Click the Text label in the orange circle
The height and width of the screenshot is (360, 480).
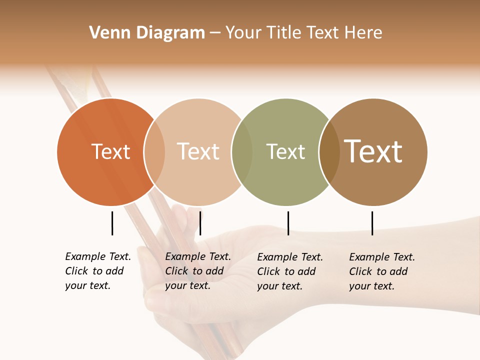(111, 151)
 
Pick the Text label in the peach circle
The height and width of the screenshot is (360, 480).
(198, 151)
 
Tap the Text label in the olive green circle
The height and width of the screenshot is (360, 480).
(285, 151)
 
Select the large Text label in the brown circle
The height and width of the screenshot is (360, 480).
(373, 151)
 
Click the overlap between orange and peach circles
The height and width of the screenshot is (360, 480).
(154, 152)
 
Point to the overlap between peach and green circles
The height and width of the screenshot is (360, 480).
(242, 152)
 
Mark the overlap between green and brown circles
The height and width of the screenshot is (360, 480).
(329, 152)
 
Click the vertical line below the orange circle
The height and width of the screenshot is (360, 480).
(112, 223)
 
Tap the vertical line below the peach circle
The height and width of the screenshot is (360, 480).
(200, 223)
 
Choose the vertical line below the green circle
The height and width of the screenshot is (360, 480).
(288, 223)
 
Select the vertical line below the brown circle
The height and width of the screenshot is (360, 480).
(372, 223)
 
